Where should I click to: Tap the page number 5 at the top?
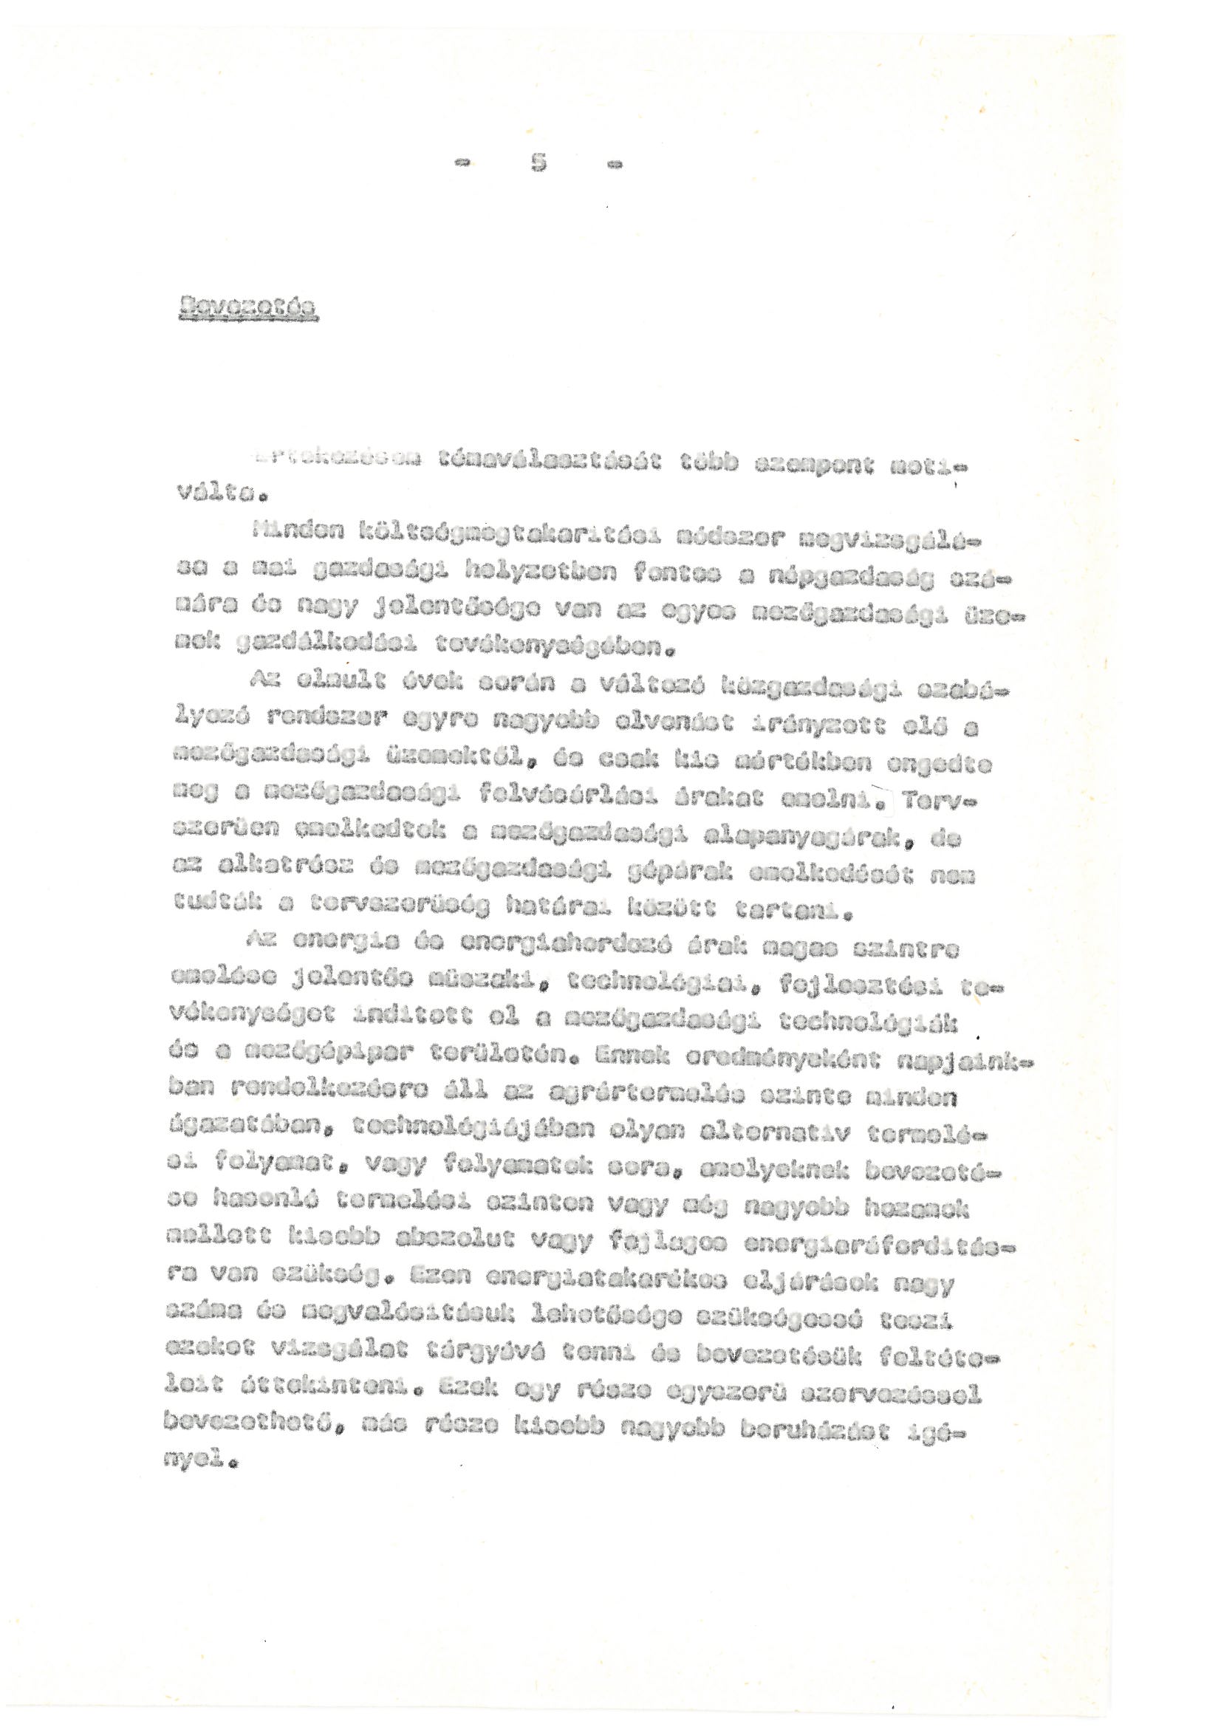coord(538,163)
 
